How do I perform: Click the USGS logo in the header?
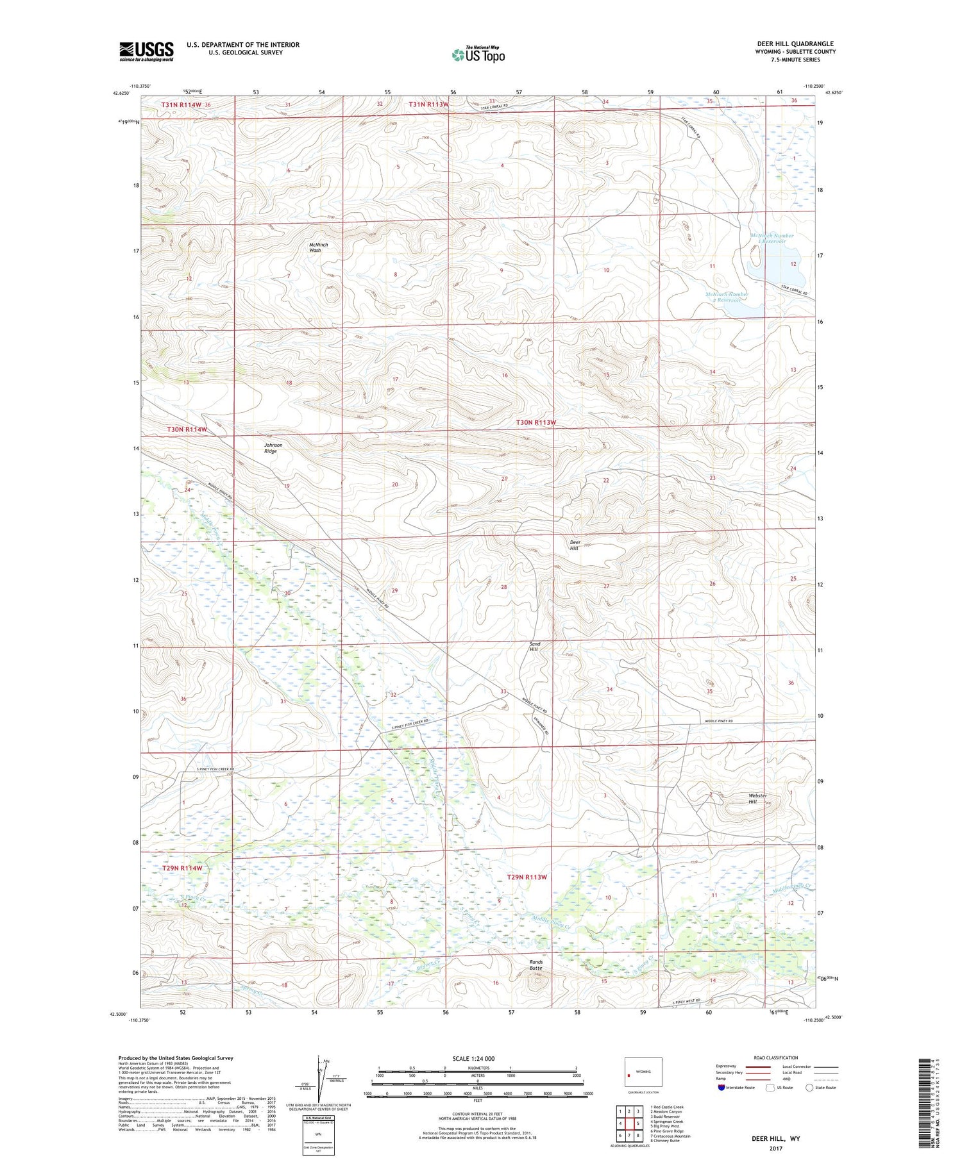(146, 51)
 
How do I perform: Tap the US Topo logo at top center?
(478, 54)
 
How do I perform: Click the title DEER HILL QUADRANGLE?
(795, 44)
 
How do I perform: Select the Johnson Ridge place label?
(273, 448)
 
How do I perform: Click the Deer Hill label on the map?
(575, 545)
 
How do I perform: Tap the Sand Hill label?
(534, 647)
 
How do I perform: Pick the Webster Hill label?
(757, 799)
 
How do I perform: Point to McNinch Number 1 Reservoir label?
(772, 238)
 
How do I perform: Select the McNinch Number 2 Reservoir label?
(727, 297)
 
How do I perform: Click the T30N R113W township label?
(536, 423)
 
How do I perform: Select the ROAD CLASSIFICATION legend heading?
(775, 1058)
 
